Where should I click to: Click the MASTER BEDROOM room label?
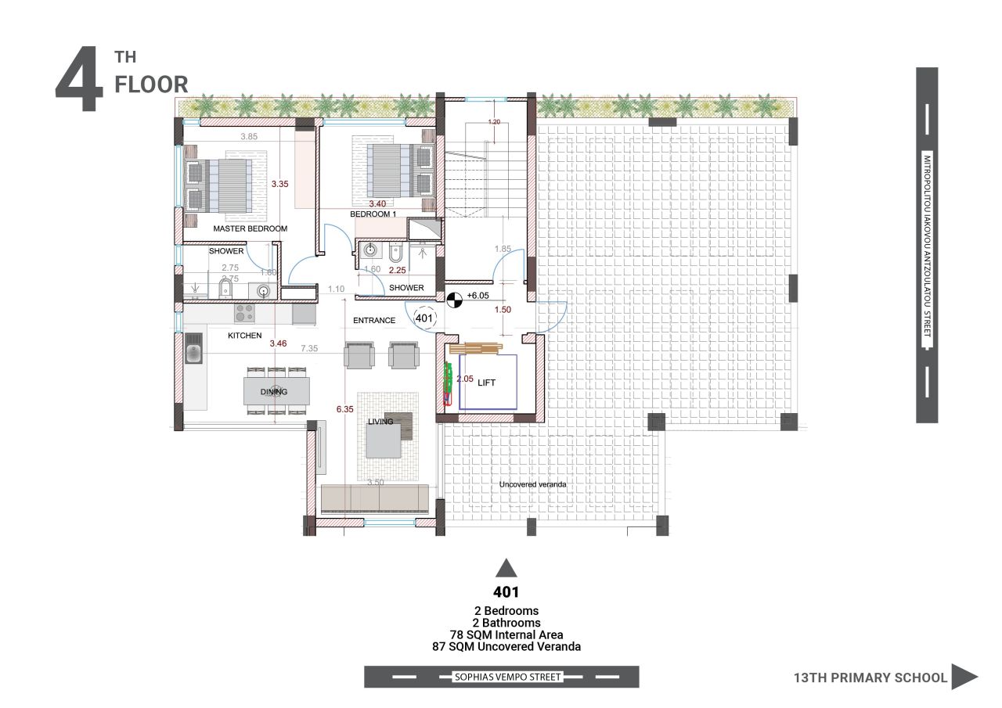point(250,229)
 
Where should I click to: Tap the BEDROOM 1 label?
point(373,214)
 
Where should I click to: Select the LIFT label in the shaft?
point(488,383)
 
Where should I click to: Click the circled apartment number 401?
point(424,318)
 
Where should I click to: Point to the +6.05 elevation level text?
point(478,296)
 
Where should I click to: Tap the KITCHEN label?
point(244,335)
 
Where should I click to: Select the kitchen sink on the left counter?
point(193,349)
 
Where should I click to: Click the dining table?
point(276,391)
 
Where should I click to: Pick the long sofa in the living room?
point(375,498)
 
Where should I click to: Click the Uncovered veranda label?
point(532,485)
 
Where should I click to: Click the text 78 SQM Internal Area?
point(506,634)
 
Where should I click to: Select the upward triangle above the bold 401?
point(506,568)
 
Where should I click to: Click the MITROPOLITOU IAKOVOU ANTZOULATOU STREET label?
point(927,246)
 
